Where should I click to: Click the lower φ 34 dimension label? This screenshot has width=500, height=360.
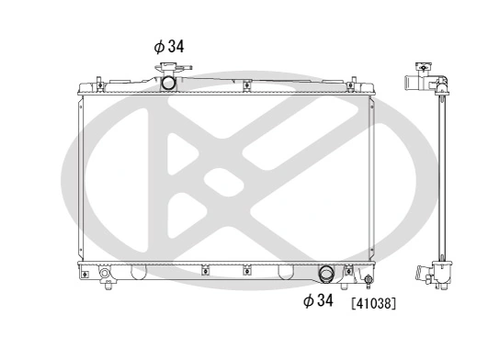[318, 300]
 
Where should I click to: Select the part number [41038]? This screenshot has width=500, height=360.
[374, 301]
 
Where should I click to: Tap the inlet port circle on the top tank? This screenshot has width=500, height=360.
[170, 83]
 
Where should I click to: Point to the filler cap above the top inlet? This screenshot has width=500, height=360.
[170, 67]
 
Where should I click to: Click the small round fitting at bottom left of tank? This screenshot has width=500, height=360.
[105, 275]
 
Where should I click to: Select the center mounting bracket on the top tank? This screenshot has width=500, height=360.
[246, 86]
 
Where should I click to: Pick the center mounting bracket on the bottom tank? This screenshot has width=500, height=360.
[246, 270]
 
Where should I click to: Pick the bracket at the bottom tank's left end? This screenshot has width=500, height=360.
[88, 270]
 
